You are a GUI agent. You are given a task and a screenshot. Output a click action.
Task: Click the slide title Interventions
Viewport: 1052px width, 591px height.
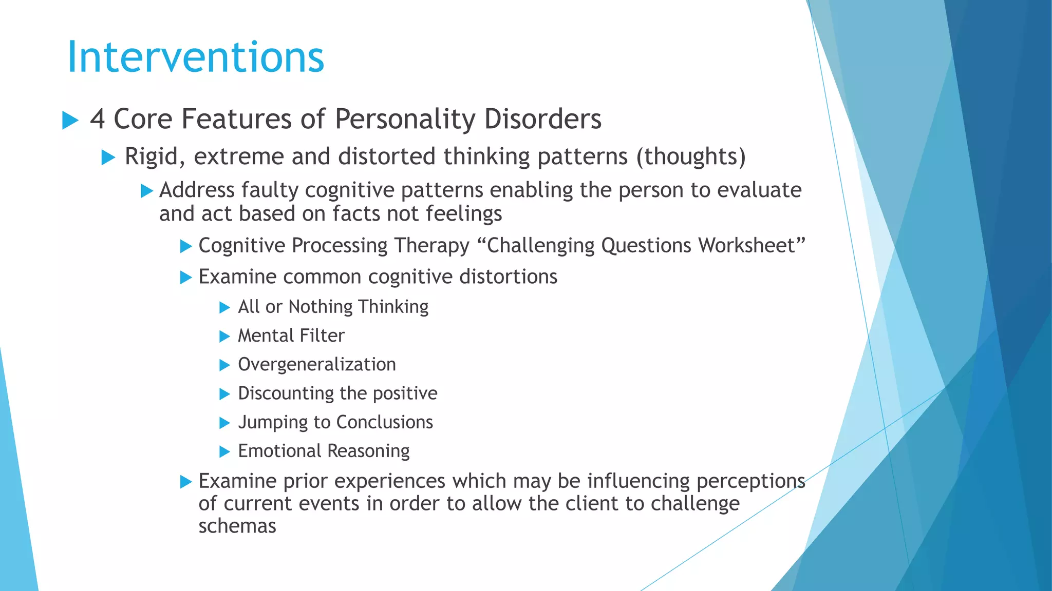[196, 56]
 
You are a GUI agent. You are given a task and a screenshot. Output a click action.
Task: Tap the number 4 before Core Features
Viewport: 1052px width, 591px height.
[98, 119]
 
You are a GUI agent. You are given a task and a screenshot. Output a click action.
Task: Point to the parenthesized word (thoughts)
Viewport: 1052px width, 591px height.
[691, 156]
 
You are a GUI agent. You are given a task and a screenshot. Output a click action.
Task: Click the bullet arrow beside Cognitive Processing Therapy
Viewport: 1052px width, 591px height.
[186, 247]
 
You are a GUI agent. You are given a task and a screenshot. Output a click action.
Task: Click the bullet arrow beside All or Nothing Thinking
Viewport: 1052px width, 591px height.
[224, 308]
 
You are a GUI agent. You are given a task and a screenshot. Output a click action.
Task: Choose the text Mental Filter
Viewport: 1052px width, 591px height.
[291, 336]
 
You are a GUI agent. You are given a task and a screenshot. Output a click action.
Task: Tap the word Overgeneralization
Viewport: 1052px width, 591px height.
[317, 364]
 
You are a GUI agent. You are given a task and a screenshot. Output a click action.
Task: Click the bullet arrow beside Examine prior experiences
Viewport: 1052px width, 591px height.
[186, 482]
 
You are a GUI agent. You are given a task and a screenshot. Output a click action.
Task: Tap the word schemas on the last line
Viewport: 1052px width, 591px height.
[237, 526]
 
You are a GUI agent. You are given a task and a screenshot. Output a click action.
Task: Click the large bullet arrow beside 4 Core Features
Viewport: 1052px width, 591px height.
[70, 121]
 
